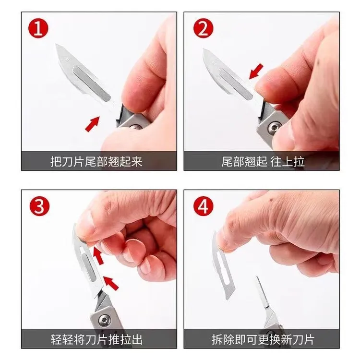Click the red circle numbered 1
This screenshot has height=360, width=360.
pyautogui.click(x=38, y=28)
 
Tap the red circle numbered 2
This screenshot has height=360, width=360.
pyautogui.click(x=203, y=28)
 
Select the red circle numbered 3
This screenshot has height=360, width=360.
pyautogui.click(x=39, y=206)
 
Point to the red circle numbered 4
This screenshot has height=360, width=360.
pyautogui.click(x=203, y=206)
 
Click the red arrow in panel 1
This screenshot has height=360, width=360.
pyautogui.click(x=92, y=124)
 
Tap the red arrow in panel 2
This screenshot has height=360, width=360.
pyautogui.click(x=256, y=72)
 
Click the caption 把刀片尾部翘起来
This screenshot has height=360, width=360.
pyautogui.click(x=96, y=162)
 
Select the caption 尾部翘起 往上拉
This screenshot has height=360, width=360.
pyautogui.click(x=263, y=162)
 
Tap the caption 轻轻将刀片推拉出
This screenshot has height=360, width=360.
pyautogui.click(x=96, y=339)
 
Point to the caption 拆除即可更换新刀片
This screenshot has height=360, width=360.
pyautogui.click(x=263, y=339)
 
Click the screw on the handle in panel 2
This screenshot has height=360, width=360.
pyautogui.click(x=274, y=127)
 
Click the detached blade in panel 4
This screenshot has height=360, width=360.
pyautogui.click(x=222, y=265)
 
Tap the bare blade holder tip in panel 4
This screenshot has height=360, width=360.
pyautogui.click(x=262, y=292)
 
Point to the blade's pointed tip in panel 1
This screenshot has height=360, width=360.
pyautogui.click(x=56, y=44)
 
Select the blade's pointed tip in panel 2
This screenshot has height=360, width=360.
pyautogui.click(x=204, y=49)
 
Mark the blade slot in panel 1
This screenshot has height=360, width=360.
pyautogui.click(x=91, y=84)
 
